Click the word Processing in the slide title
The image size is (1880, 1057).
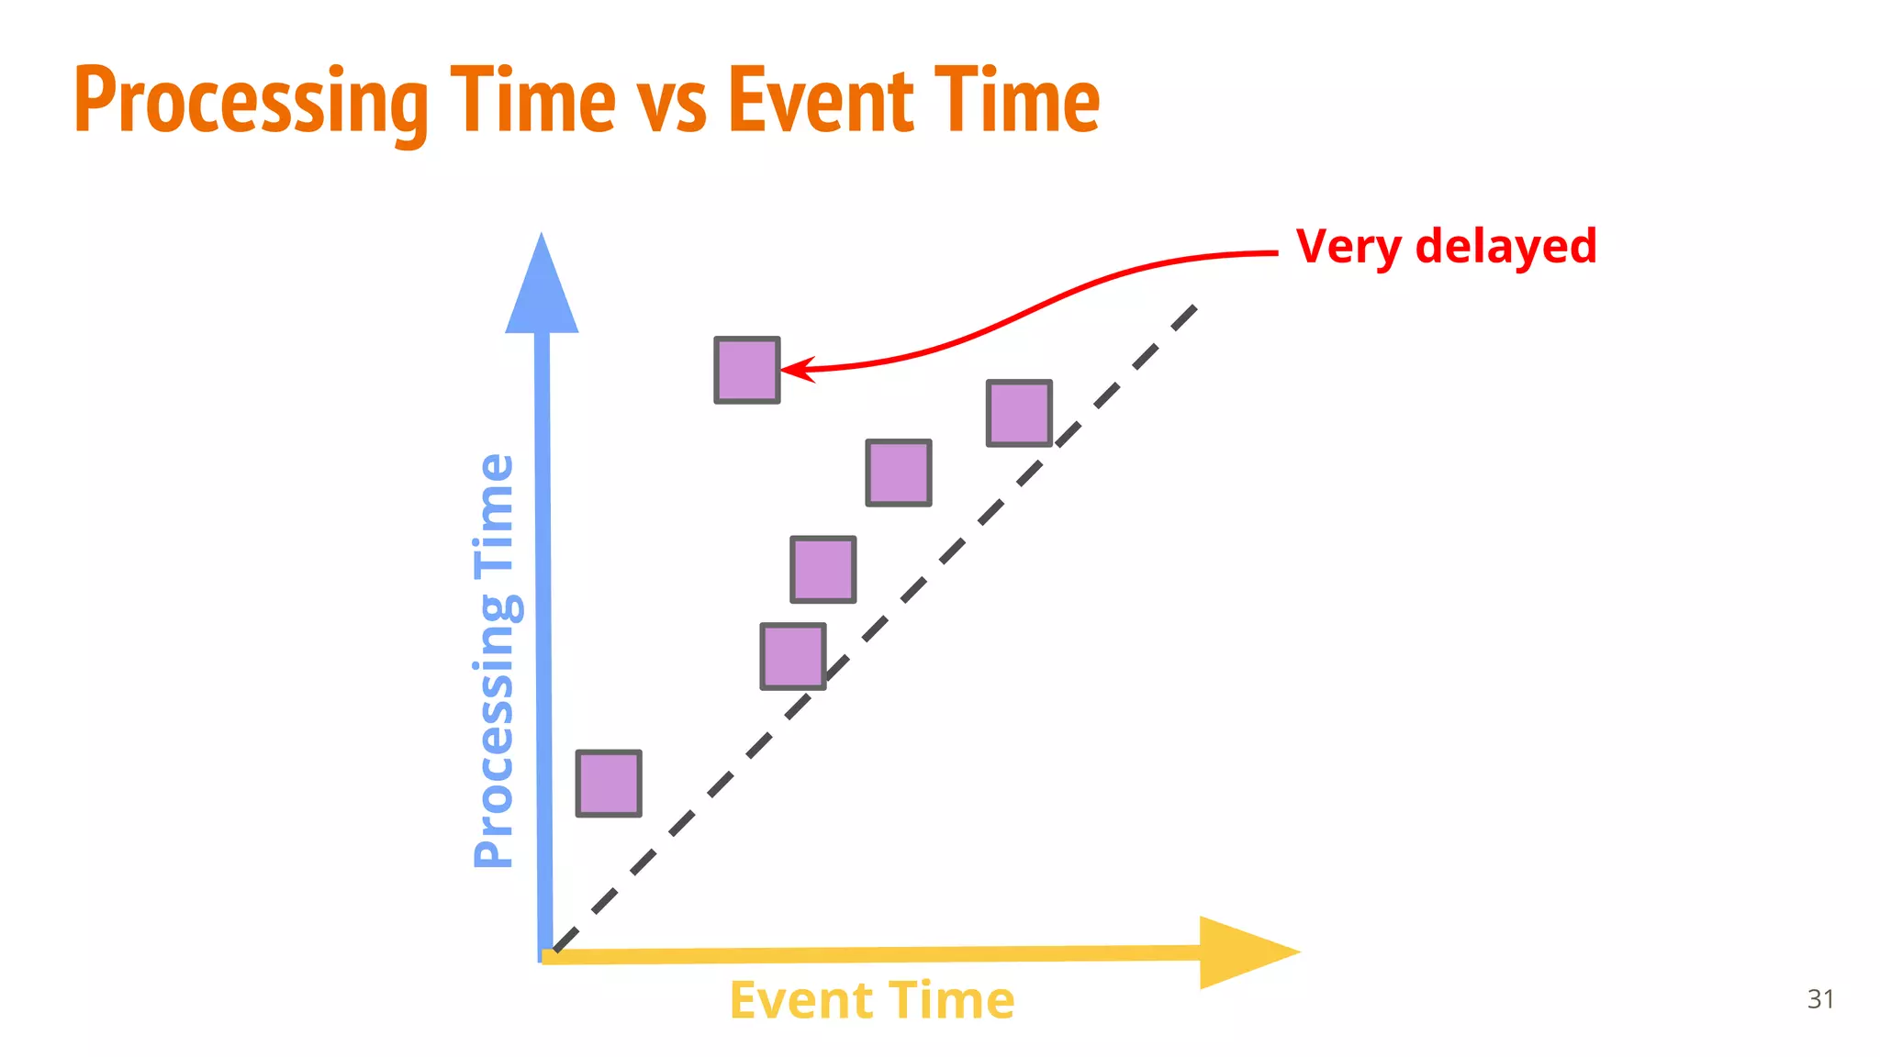[x=251, y=101]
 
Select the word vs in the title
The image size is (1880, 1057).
[x=672, y=103]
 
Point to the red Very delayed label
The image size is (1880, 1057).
[x=1446, y=247]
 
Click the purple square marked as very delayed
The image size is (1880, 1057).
[x=747, y=370]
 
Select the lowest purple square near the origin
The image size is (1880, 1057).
[x=609, y=784]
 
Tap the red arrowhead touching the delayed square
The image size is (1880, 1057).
[x=791, y=370]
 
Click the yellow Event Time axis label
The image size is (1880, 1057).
[x=872, y=1000]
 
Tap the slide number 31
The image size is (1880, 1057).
[x=1820, y=998]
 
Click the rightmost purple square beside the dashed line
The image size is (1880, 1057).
[x=1019, y=413]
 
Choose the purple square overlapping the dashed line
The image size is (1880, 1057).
[x=793, y=656]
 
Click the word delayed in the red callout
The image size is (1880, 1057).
[x=1505, y=247]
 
